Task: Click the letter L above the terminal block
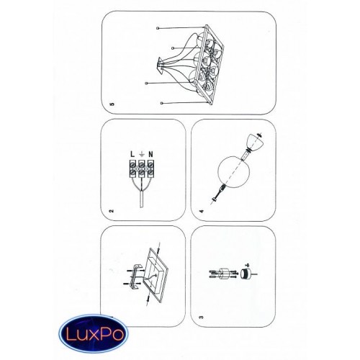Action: pyautogui.click(x=132, y=154)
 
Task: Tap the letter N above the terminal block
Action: pyautogui.click(x=150, y=154)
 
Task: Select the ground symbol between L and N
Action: pyautogui.click(x=142, y=153)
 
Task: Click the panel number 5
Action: pyautogui.click(x=112, y=104)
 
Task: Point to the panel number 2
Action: pyautogui.click(x=111, y=211)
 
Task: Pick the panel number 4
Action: pyautogui.click(x=202, y=211)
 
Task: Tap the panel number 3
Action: pyautogui.click(x=201, y=317)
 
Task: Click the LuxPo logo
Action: pyautogui.click(x=94, y=333)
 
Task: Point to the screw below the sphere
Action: pyautogui.click(x=217, y=193)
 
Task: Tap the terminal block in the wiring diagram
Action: pyautogui.click(x=142, y=169)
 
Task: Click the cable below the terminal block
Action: pyautogui.click(x=142, y=199)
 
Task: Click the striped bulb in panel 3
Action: pyautogui.click(x=246, y=274)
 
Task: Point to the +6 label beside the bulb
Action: pyautogui.click(x=247, y=265)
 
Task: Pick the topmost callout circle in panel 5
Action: pyautogui.click(x=158, y=28)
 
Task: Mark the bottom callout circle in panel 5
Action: pyautogui.click(x=162, y=103)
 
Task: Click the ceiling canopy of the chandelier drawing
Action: pyautogui.click(x=161, y=66)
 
